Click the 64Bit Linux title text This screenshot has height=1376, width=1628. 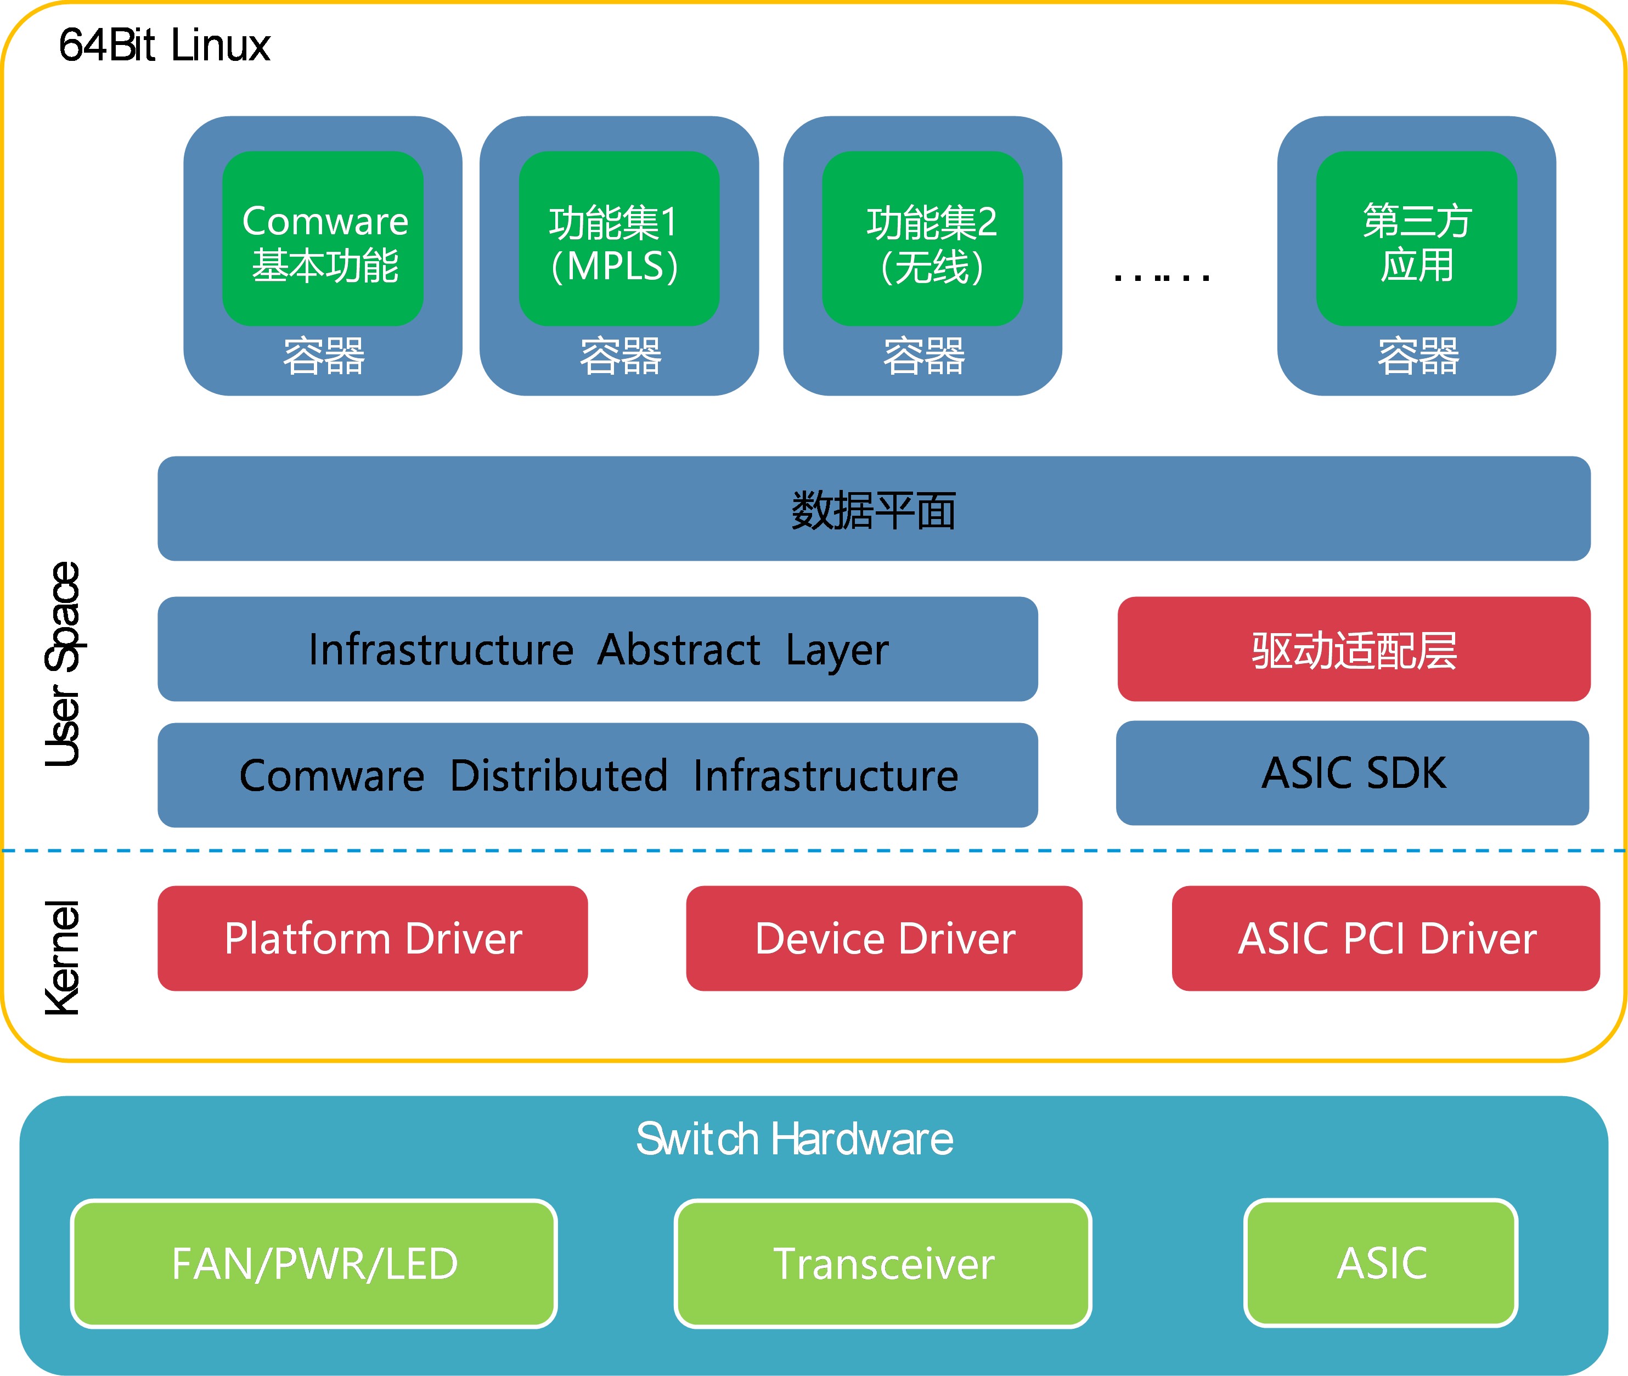pos(165,45)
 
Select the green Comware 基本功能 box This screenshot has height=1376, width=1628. pos(323,239)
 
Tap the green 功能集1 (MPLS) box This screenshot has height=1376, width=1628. pos(619,239)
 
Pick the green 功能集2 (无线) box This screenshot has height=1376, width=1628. pos(923,239)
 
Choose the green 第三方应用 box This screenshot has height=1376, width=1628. pos(1417,239)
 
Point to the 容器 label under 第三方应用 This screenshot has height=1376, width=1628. pos(1418,357)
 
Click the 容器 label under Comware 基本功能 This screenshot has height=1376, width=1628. pos(324,357)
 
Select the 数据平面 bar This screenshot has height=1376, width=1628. pos(874,509)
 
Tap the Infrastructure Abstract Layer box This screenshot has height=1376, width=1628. pos(598,649)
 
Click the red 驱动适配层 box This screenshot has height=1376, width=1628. pos(1354,649)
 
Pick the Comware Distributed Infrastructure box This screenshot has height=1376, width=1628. pos(598,775)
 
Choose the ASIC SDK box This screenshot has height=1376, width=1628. pos(1353,773)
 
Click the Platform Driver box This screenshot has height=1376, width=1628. pos(373,938)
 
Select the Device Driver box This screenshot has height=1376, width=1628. pos(885,938)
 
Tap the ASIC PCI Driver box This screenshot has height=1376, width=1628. pos(1386,938)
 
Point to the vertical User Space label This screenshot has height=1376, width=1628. pos(63,664)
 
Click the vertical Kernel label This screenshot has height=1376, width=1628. pos(63,958)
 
